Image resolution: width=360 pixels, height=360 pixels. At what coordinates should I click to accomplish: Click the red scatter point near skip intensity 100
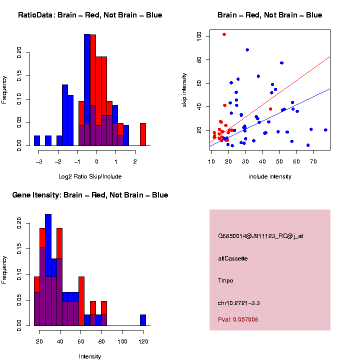224,34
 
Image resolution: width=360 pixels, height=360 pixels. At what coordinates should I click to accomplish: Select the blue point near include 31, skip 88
247,50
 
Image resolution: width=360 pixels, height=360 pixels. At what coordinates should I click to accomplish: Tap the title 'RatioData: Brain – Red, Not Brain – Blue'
90,15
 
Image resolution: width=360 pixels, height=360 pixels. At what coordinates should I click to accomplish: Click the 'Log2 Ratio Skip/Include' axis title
90,176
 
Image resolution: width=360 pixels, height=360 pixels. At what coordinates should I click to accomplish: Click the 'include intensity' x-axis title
270,176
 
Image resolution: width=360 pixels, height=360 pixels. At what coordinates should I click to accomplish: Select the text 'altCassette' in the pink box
233,258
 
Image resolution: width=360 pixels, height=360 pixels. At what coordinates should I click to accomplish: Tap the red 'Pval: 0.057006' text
238,319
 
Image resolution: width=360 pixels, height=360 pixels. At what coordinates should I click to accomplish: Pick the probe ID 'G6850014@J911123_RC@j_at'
260,236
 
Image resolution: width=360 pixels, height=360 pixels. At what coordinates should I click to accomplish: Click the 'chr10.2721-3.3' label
238,303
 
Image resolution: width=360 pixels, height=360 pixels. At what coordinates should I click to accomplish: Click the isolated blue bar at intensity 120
143,320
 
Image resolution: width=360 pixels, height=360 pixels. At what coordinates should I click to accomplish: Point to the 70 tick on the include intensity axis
313,161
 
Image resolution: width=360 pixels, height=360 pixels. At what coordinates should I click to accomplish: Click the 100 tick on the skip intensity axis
199,36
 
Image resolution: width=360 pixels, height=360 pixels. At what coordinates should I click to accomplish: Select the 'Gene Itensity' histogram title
90,195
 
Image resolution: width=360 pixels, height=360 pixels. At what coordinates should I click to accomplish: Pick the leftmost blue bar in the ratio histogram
37,140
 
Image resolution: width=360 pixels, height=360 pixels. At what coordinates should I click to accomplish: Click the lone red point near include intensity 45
270,109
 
